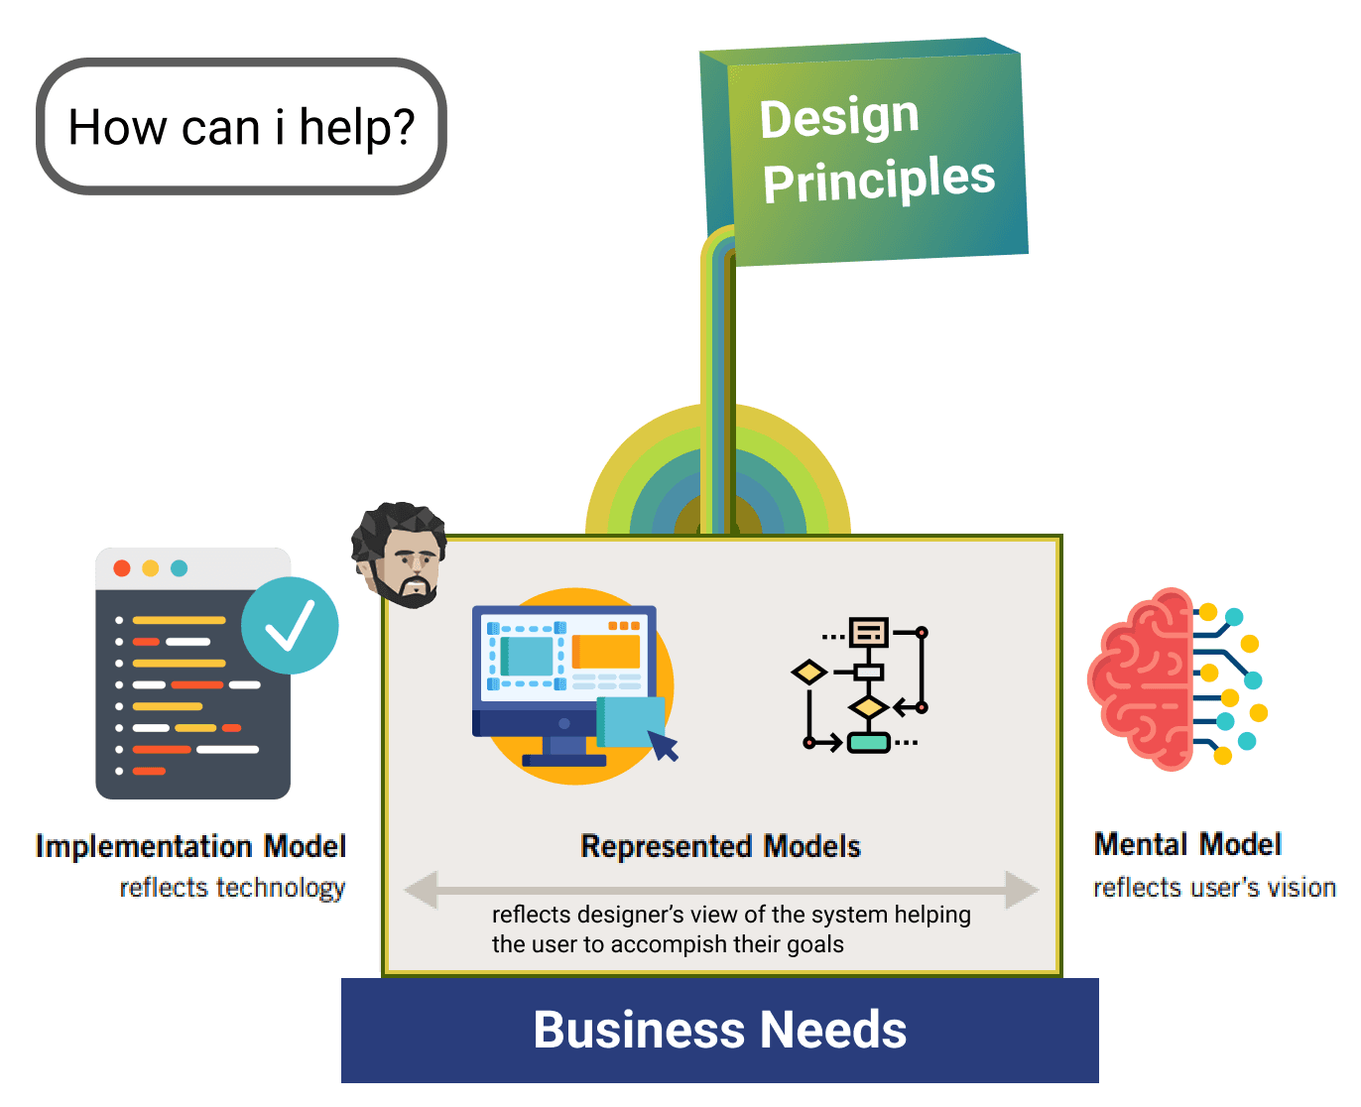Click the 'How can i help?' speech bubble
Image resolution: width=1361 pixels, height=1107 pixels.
[x=241, y=127]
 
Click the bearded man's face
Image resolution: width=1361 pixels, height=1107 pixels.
[x=399, y=554]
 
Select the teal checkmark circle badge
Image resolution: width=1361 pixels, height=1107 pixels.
[x=290, y=625]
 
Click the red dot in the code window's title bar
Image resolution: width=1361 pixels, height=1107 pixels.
[x=121, y=567]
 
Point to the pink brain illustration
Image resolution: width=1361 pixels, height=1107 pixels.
[x=1176, y=678]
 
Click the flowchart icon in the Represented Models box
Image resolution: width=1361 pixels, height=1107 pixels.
[x=859, y=684]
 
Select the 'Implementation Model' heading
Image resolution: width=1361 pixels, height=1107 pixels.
[x=190, y=846]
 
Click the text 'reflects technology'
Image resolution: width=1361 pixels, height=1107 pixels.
[x=232, y=888]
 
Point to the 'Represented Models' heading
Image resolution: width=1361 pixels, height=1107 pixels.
[x=720, y=846]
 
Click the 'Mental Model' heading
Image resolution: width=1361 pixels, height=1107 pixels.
[x=1187, y=844]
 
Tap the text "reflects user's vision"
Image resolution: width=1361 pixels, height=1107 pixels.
[x=1214, y=887]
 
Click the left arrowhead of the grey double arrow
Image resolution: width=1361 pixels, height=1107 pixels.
[x=421, y=889]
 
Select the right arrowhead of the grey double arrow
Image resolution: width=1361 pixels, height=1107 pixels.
[x=1022, y=889]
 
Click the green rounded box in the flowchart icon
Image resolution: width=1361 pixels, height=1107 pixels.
[x=868, y=742]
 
